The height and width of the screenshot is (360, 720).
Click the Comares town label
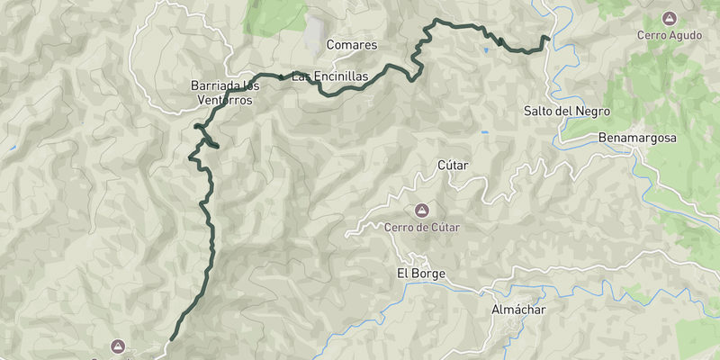(x=351, y=45)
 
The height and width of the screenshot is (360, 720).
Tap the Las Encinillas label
(x=329, y=77)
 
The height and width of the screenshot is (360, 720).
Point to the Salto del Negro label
(x=567, y=112)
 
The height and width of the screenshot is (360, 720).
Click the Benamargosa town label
(x=636, y=139)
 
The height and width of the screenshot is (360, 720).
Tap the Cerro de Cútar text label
(x=421, y=228)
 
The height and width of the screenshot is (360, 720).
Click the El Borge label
(x=421, y=274)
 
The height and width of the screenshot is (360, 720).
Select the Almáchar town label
(x=518, y=310)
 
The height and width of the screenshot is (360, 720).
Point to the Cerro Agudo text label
(x=669, y=35)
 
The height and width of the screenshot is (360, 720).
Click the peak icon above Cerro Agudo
(x=669, y=17)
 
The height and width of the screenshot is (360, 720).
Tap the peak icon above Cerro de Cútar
(x=420, y=211)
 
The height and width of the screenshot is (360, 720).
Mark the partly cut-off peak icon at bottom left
(x=118, y=346)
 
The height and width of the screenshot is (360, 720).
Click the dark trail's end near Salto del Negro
(x=547, y=37)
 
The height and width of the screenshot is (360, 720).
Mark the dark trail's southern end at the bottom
(x=170, y=340)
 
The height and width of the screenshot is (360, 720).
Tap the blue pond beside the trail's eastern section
(x=486, y=50)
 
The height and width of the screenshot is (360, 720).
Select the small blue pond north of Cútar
(x=484, y=133)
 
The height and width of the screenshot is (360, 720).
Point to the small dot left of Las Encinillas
(x=282, y=78)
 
